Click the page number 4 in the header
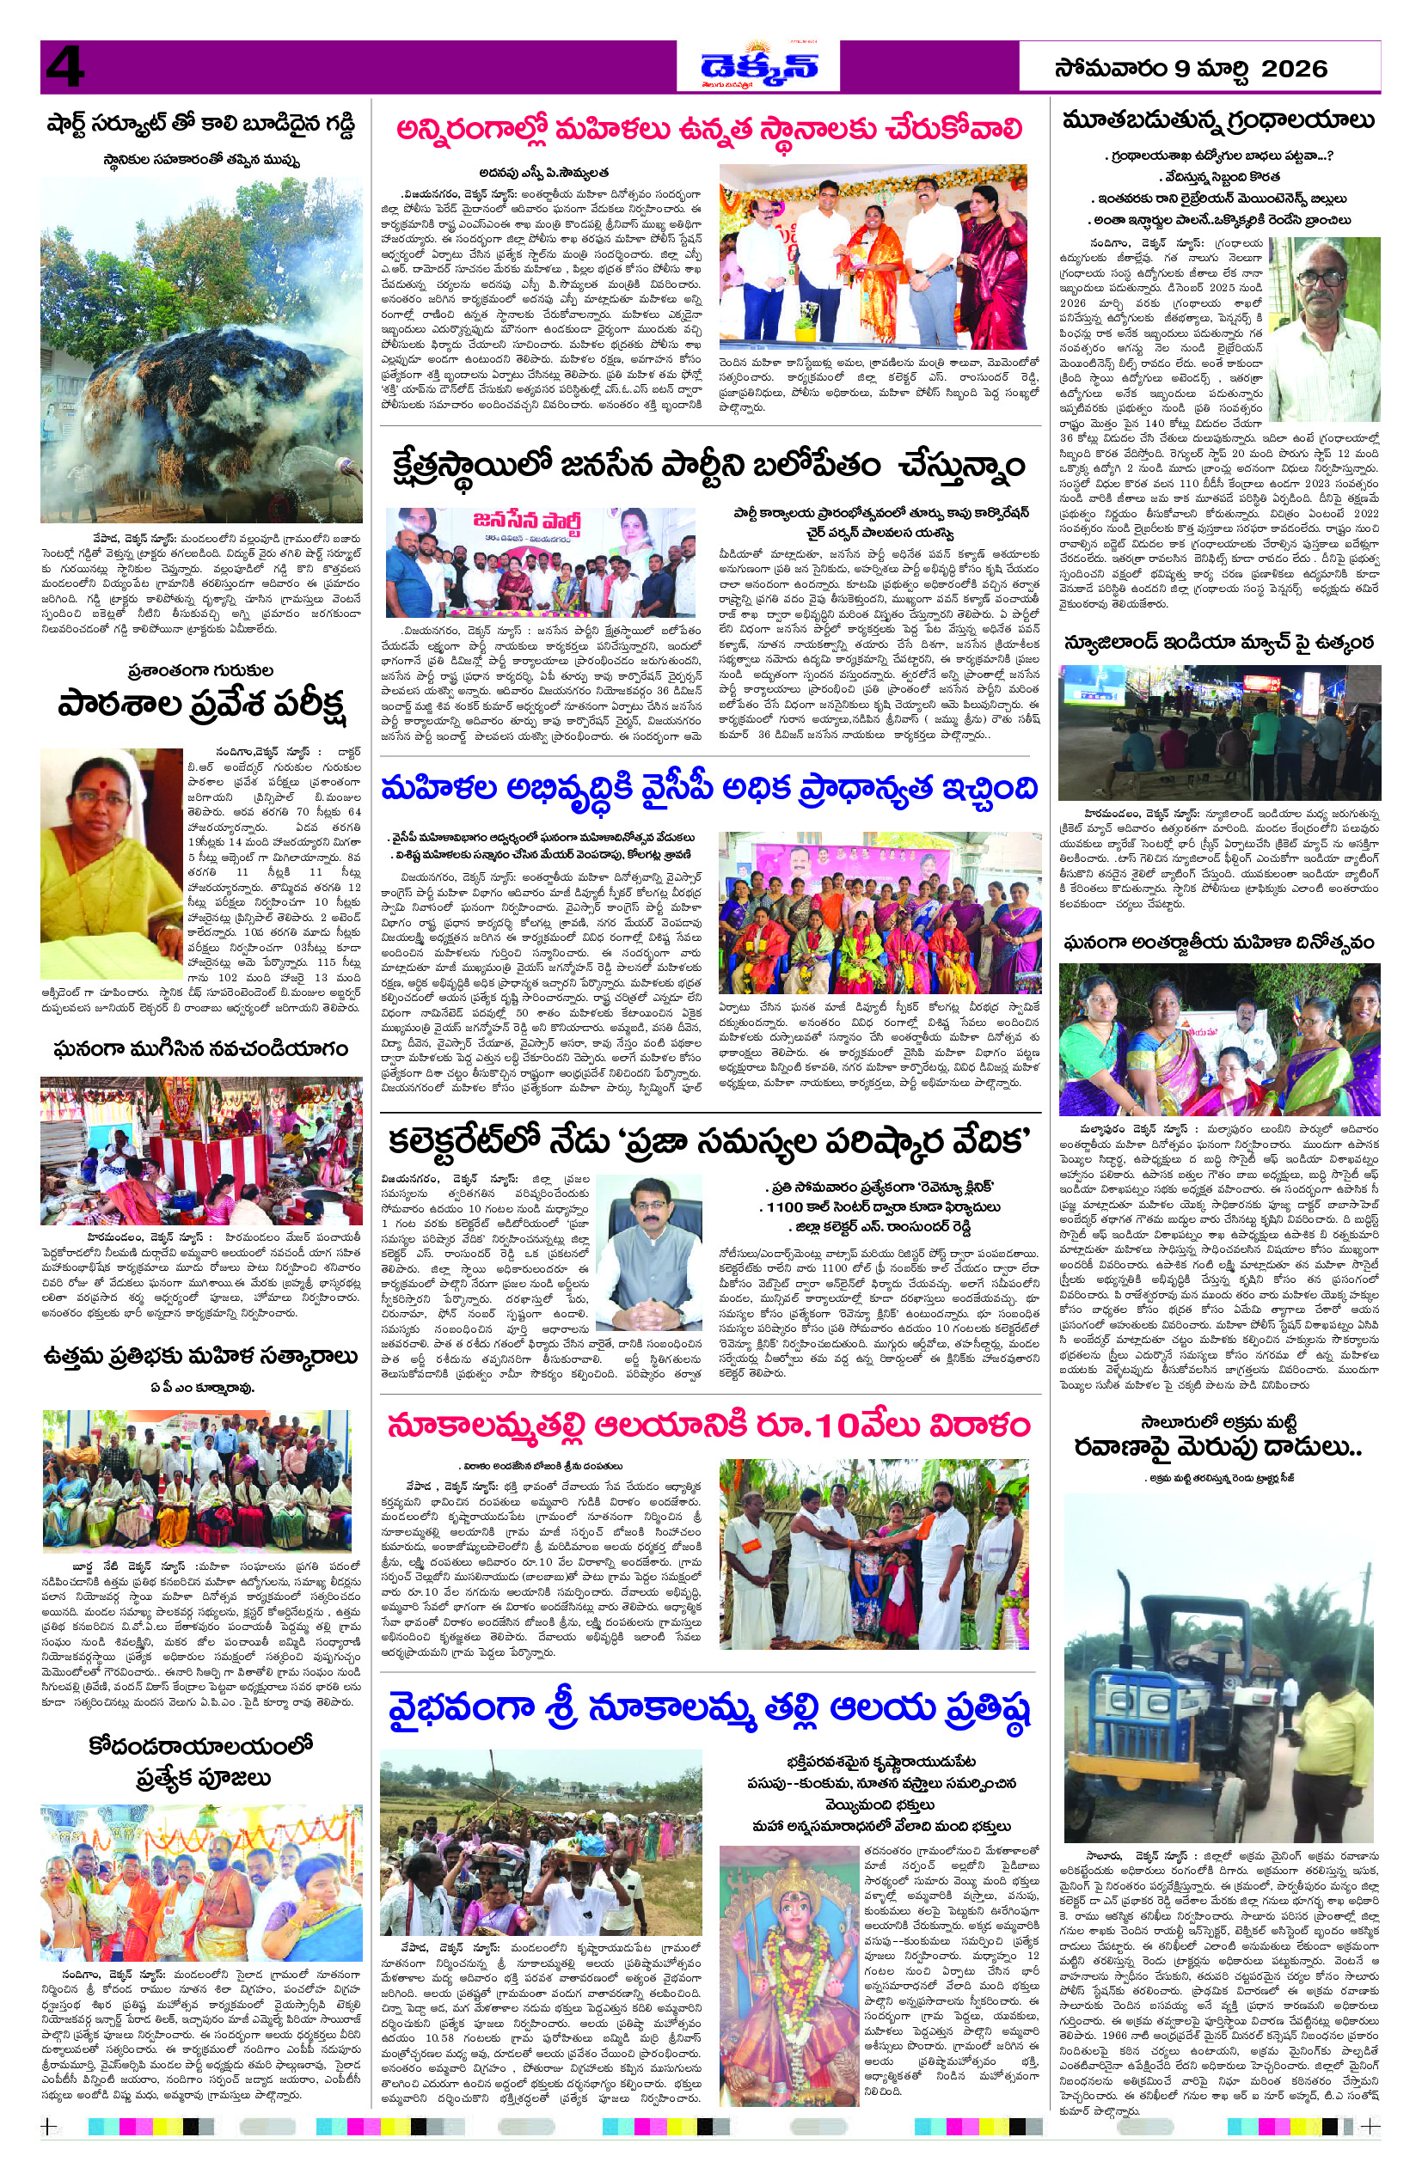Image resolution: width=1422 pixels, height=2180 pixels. point(64,67)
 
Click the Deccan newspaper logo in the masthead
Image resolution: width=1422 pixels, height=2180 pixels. point(757,67)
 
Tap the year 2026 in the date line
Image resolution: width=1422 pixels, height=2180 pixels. point(1294,69)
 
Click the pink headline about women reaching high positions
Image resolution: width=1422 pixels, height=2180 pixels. point(709,129)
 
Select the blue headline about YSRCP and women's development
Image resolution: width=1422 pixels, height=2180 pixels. point(709,790)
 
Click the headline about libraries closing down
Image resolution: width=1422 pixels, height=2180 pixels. point(1217,121)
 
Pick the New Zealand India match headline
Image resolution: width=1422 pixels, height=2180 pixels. point(1217,643)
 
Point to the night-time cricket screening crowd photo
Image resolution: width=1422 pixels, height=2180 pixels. point(1217,733)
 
